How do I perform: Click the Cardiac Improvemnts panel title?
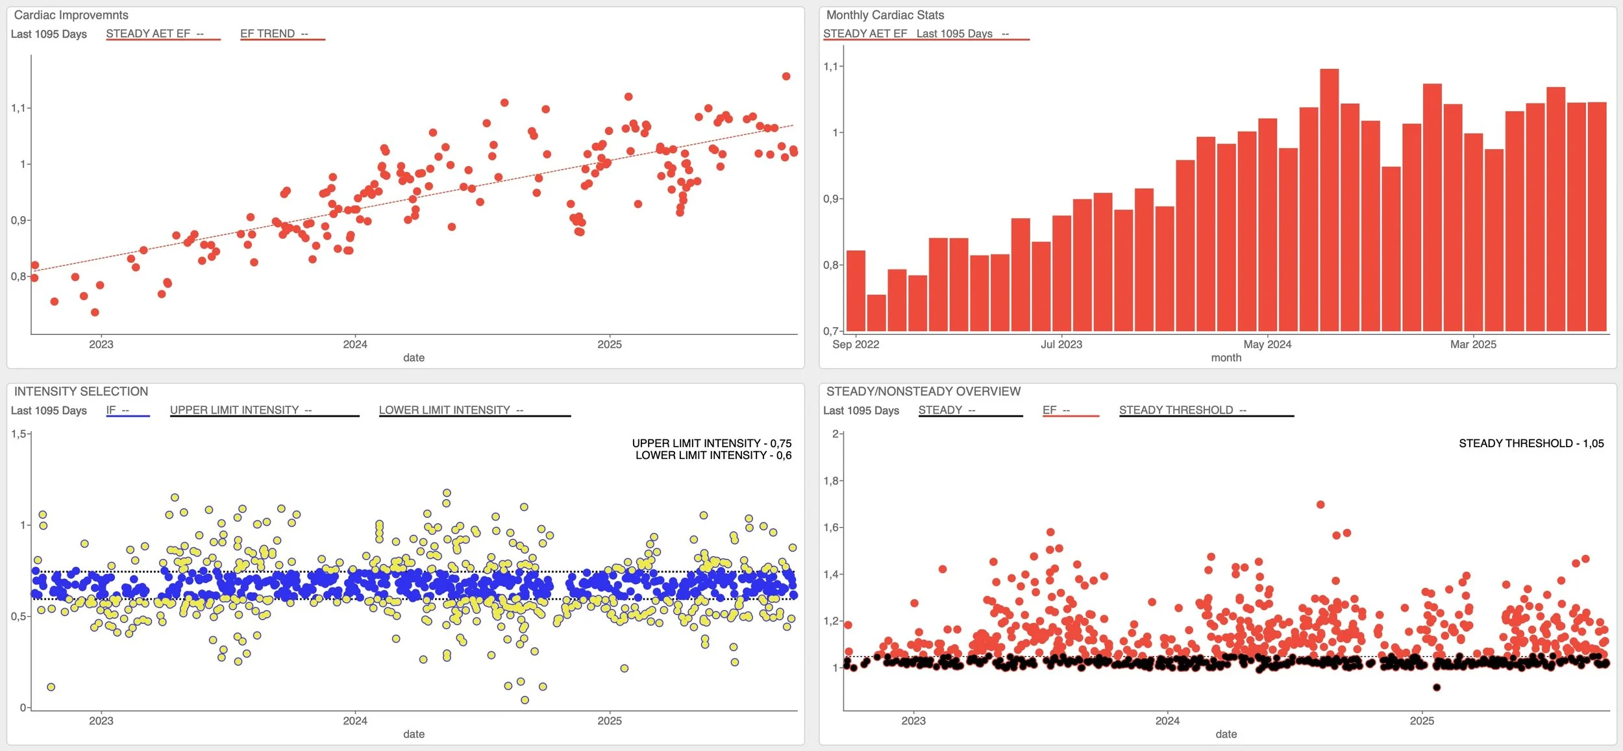point(71,15)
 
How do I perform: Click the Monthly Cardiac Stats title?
point(885,15)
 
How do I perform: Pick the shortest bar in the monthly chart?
point(876,313)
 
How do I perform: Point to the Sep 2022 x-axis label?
point(856,344)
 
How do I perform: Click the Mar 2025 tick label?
point(1473,344)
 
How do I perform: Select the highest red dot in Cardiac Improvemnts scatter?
point(786,76)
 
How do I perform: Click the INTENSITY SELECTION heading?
point(81,391)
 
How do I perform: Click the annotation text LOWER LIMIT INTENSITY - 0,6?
point(713,456)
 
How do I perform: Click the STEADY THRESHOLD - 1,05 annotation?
point(1531,443)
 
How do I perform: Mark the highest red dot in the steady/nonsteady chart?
point(1320,504)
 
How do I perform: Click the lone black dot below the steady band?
point(1437,687)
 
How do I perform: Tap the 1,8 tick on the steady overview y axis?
point(831,481)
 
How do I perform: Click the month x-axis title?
point(1226,358)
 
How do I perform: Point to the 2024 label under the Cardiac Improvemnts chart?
point(355,344)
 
